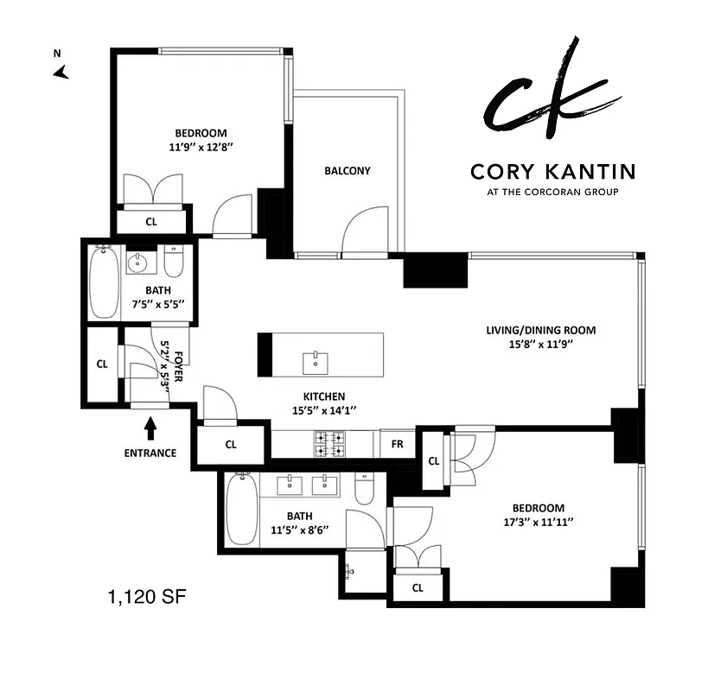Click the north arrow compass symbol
click(x=61, y=73)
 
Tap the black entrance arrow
click(x=150, y=426)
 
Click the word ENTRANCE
click(x=150, y=453)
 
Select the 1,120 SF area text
click(x=146, y=596)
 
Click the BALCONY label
click(x=347, y=170)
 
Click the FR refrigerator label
click(x=397, y=444)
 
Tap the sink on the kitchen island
click(x=316, y=362)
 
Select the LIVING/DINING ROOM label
click(x=540, y=330)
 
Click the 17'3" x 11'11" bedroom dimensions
click(x=538, y=522)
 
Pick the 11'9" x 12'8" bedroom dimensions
click(x=201, y=148)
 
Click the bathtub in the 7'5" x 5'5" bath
click(x=104, y=282)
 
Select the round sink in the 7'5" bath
click(x=137, y=262)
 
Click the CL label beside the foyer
click(x=102, y=364)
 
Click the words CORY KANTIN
click(x=552, y=172)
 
